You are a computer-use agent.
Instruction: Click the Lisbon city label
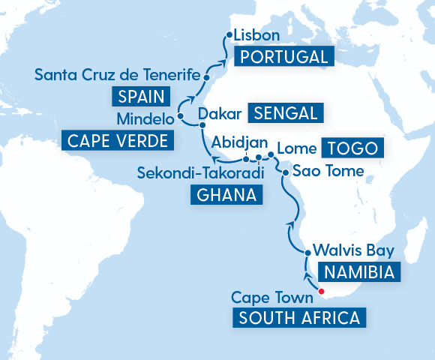[256, 36]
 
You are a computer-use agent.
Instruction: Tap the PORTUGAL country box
[281, 57]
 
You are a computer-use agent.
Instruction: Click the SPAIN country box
[140, 96]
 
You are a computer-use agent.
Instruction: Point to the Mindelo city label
[144, 119]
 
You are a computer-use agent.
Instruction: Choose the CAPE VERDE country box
[116, 140]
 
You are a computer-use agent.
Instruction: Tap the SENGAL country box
[288, 113]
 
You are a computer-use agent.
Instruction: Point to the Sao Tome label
[327, 172]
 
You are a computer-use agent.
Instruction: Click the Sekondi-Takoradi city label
[202, 174]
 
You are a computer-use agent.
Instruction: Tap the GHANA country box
[226, 195]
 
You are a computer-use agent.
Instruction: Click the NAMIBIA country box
[356, 271]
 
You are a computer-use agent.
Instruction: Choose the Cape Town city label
[271, 297]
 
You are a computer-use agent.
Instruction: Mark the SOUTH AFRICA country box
[299, 317]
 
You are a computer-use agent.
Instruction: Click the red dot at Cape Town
[321, 291]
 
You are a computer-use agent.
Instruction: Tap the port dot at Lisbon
[228, 35]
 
